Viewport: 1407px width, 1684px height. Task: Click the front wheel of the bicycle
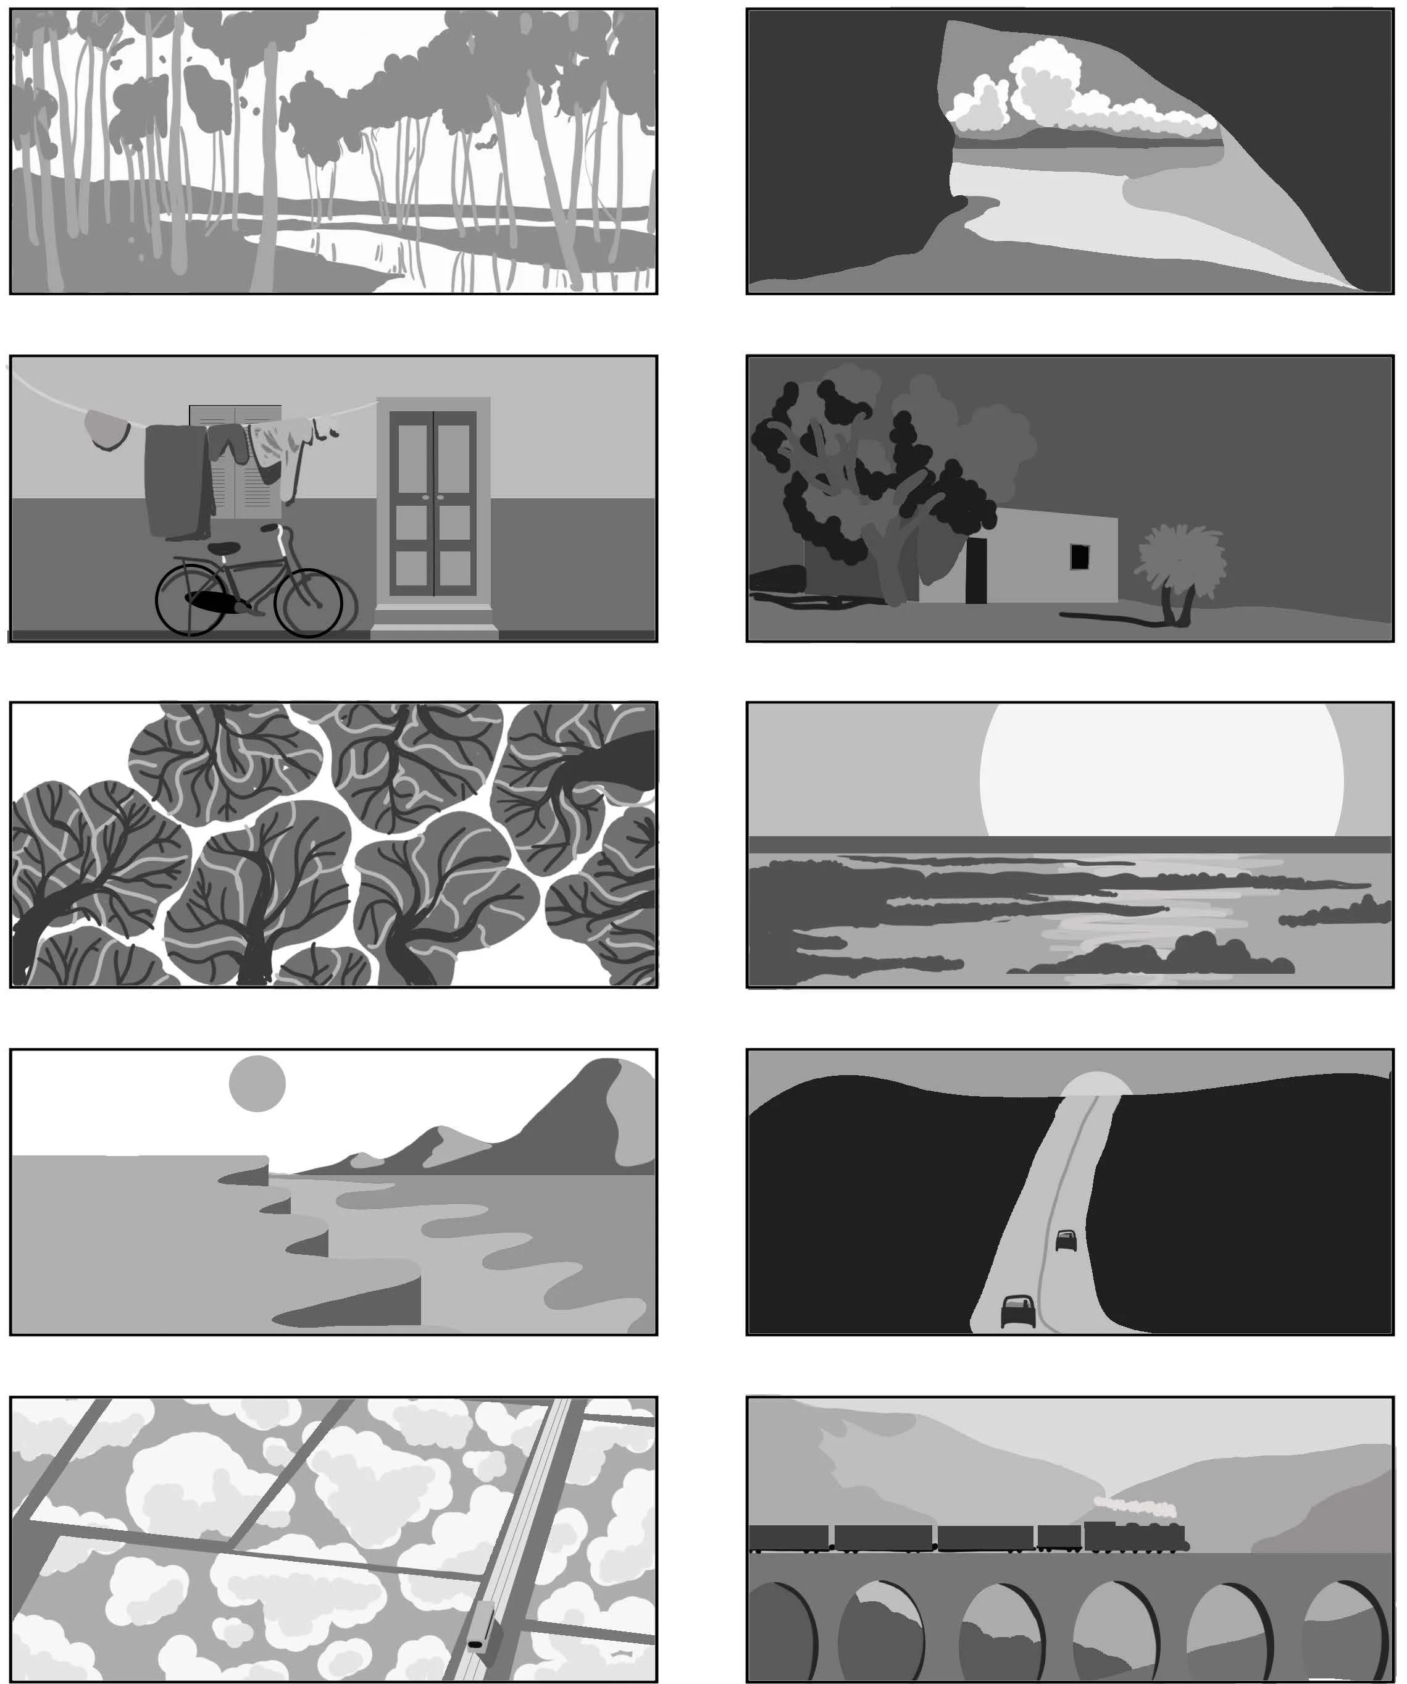coord(309,603)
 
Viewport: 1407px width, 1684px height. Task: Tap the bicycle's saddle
coord(225,548)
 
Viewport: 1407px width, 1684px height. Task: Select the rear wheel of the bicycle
coord(190,601)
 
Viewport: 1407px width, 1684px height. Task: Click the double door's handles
coord(433,497)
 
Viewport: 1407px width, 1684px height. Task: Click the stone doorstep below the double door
coord(435,621)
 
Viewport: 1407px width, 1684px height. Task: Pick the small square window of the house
coord(1080,556)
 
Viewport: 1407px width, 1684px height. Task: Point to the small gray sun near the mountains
coord(257,1083)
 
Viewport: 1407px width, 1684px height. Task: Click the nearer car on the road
coord(1018,1311)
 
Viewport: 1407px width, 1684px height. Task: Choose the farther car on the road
coord(1066,1240)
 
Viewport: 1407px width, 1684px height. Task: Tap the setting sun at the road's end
coord(1096,1084)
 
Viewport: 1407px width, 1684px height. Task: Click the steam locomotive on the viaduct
coord(1134,1536)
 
